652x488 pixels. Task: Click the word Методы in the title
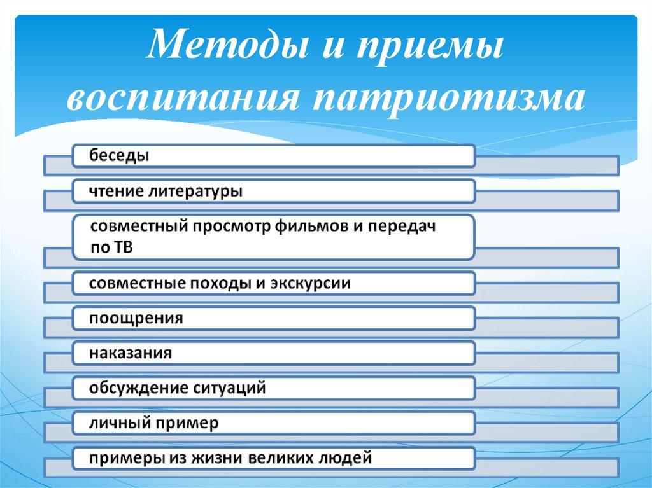229,44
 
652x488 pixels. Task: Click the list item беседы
119,156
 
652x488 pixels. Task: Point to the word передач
402,227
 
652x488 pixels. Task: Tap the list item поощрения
136,319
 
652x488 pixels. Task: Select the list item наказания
130,353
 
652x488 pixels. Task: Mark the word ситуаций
229,389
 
